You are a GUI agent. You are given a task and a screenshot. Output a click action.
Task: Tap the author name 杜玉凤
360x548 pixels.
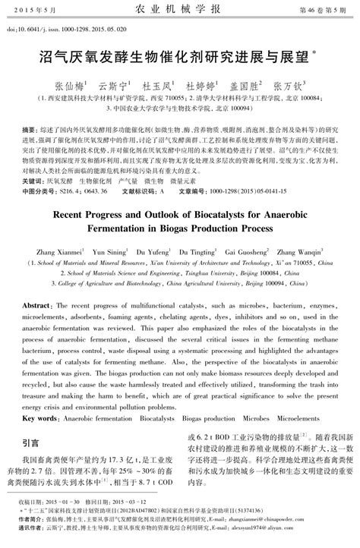[157, 87]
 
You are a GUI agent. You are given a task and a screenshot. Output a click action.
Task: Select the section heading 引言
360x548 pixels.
[30, 442]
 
